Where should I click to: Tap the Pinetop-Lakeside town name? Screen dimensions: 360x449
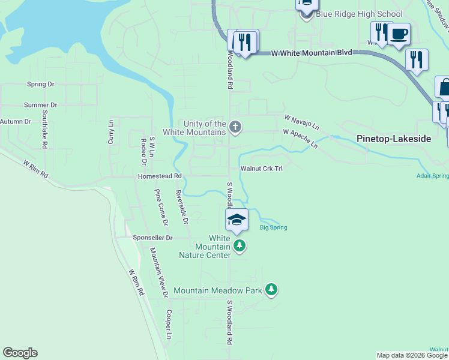click(x=394, y=139)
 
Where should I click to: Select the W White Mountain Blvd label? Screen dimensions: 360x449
click(x=311, y=53)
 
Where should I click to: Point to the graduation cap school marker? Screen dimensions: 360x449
click(x=237, y=220)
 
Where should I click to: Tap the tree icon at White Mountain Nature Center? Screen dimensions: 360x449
click(x=240, y=245)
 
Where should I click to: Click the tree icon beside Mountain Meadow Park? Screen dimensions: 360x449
click(x=272, y=290)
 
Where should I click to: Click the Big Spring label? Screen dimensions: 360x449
click(x=273, y=227)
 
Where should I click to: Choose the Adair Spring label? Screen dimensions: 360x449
click(x=432, y=176)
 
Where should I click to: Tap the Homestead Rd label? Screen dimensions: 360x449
click(x=160, y=176)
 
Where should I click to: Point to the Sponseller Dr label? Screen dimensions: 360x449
click(x=152, y=238)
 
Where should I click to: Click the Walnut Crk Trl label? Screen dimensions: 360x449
click(x=261, y=169)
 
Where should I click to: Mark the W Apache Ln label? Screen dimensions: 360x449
click(x=301, y=137)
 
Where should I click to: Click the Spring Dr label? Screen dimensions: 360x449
click(x=41, y=85)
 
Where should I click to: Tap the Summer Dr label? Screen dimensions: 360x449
click(x=40, y=104)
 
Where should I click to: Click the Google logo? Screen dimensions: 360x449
click(x=20, y=353)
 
